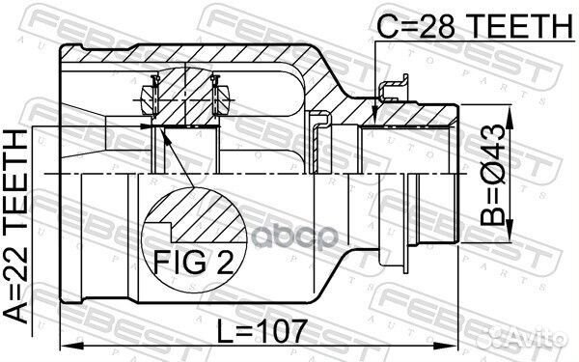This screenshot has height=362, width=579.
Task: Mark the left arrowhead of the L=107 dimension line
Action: click(x=67, y=346)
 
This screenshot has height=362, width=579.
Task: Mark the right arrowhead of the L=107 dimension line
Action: click(x=455, y=346)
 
